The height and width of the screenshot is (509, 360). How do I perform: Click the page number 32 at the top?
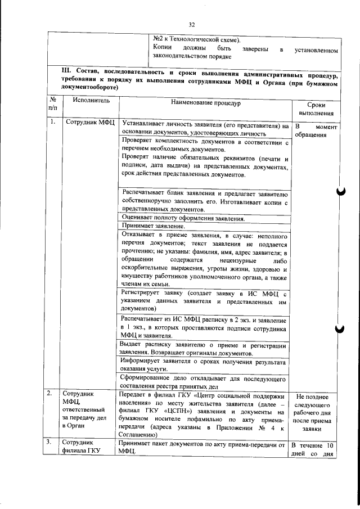click(x=191, y=25)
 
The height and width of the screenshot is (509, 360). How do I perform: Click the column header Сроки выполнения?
click(x=316, y=109)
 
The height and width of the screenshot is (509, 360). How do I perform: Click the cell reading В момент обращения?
click(x=316, y=131)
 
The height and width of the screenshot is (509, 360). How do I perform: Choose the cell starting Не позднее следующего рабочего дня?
click(x=316, y=412)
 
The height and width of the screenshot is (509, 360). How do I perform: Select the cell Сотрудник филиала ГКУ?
click(x=82, y=447)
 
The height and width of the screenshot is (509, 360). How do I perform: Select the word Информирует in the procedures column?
click(x=144, y=361)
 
